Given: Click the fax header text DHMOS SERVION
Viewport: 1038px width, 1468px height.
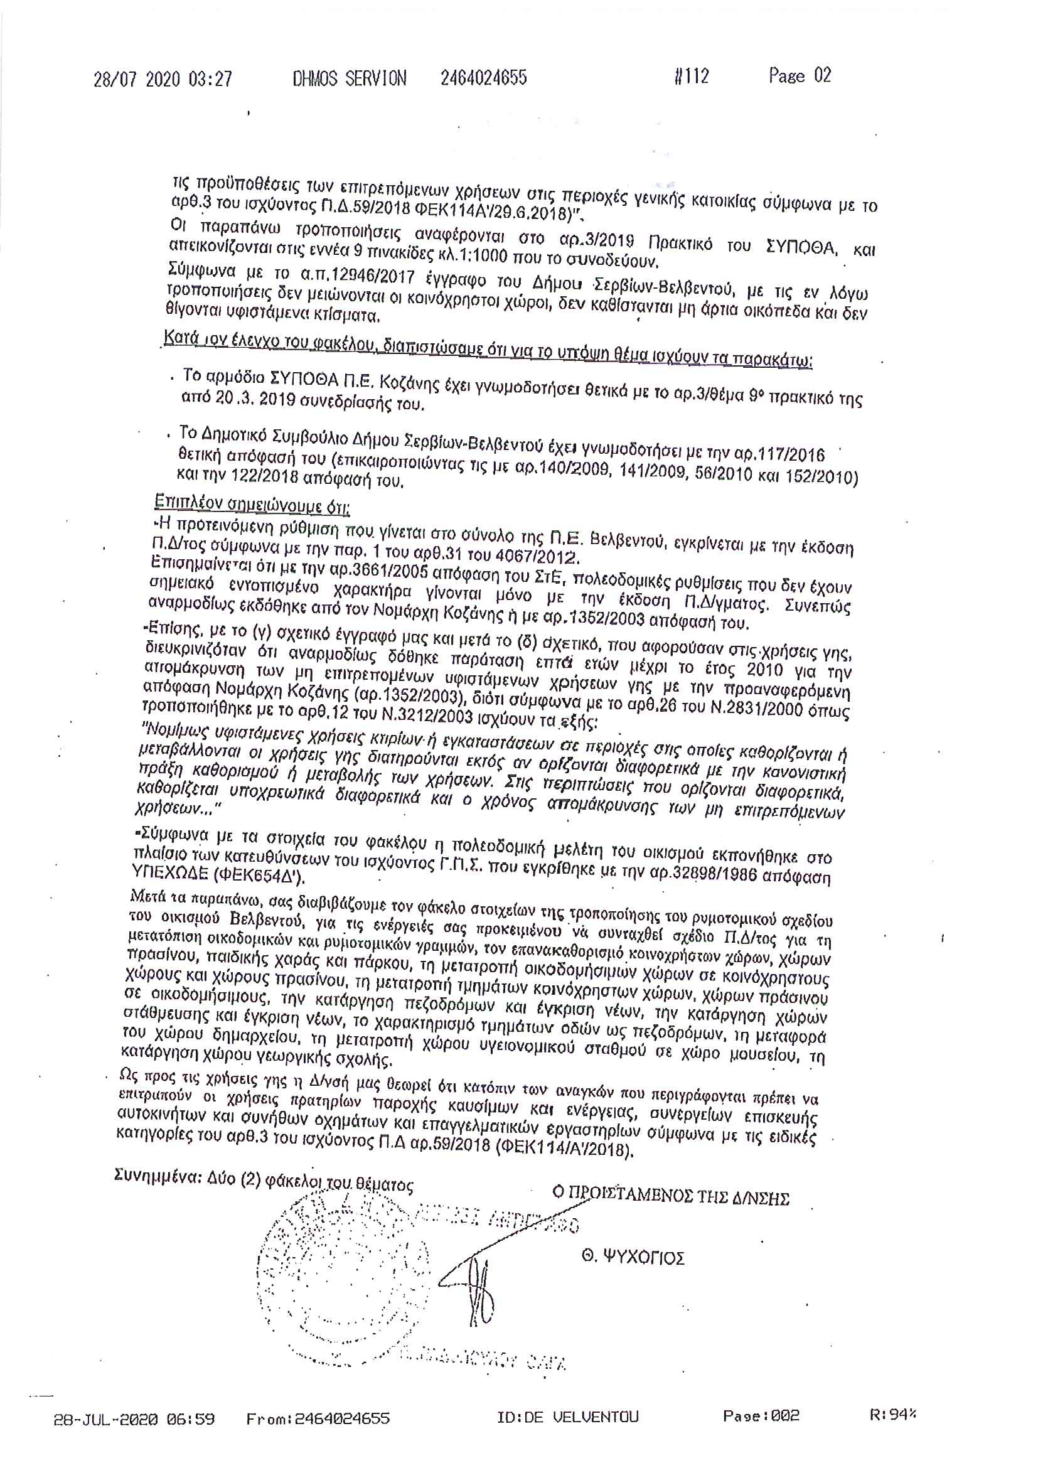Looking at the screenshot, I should pos(349,78).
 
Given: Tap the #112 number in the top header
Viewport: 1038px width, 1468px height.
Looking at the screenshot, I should pos(692,77).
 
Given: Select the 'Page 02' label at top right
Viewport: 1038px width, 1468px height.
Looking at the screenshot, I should pos(800,75).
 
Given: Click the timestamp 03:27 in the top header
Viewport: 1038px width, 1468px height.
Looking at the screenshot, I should pos(210,78).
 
